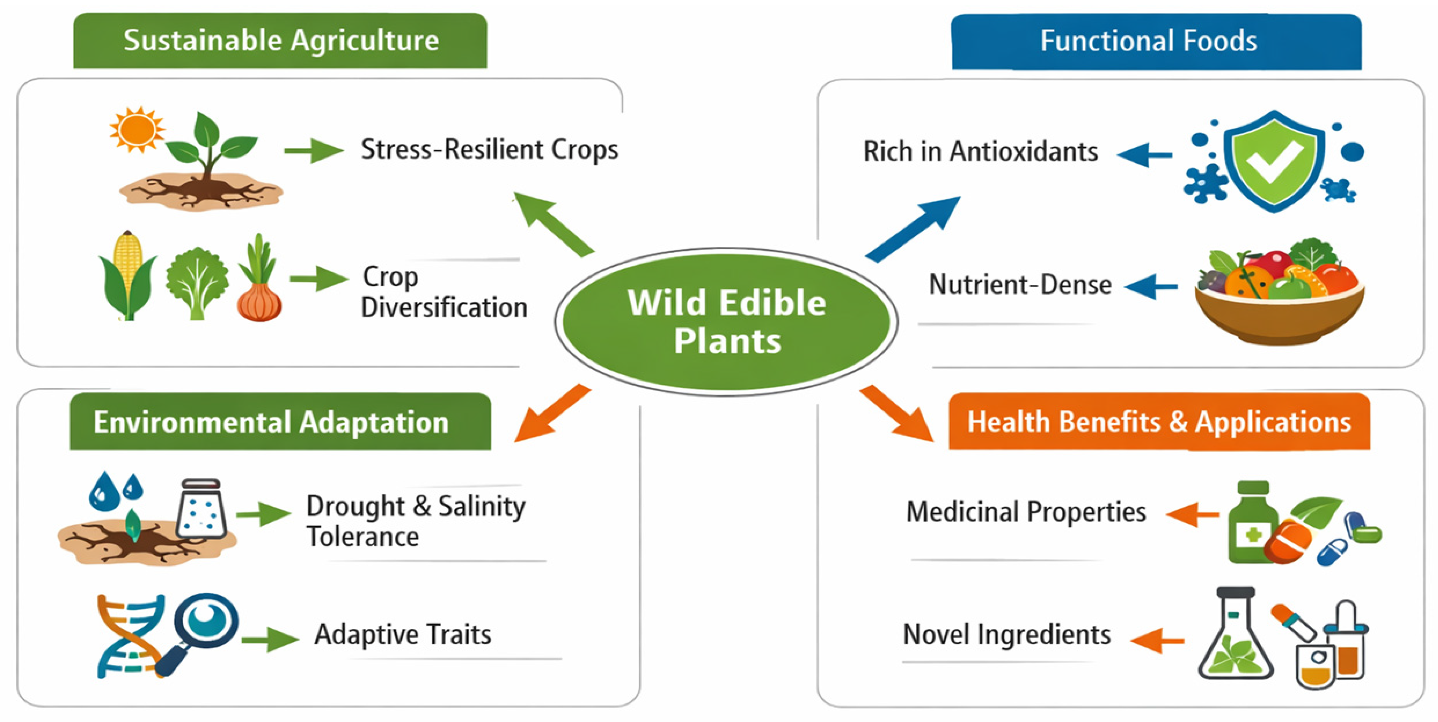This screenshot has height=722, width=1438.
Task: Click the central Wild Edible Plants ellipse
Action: (x=726, y=322)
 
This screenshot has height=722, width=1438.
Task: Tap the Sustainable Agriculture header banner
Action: (x=280, y=41)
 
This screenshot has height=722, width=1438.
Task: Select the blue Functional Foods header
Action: (x=1156, y=42)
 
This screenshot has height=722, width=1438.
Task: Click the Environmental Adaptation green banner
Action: (x=280, y=422)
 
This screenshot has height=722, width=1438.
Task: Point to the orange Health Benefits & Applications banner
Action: (x=1159, y=422)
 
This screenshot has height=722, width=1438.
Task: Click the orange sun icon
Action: (x=137, y=129)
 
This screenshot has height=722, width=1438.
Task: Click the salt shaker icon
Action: (x=201, y=509)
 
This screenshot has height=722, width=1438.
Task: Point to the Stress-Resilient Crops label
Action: (x=489, y=150)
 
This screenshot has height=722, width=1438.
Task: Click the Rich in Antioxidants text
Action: (x=981, y=151)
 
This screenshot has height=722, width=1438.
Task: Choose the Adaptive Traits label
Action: (x=403, y=634)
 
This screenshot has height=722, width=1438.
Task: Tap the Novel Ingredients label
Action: (x=1007, y=635)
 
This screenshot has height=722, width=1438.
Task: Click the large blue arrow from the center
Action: (x=913, y=229)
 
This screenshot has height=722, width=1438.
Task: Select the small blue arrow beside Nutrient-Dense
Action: (x=1151, y=286)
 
